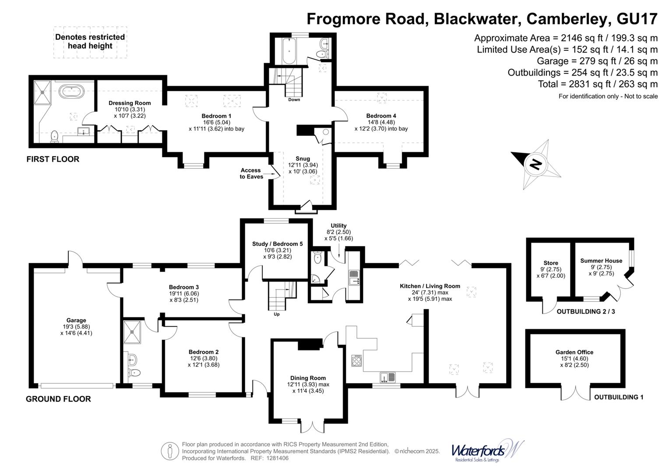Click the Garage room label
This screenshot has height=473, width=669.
coord(76,320)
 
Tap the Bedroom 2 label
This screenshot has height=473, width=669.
coord(204,352)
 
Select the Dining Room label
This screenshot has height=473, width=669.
coord(308,378)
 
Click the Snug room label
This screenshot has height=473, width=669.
coord(303,159)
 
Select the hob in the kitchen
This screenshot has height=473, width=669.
coord(357,361)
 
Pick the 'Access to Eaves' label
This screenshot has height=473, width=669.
coord(251,173)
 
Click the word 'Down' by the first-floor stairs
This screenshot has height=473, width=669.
coord(294,99)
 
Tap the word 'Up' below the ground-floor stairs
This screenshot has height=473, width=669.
coord(276,314)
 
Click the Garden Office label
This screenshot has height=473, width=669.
coord(574,352)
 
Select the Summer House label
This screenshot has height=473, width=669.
coord(601,261)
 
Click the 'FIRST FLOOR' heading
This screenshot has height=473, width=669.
coord(53,159)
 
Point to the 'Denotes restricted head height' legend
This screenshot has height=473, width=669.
coord(90,42)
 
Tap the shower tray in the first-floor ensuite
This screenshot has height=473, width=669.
coord(43,92)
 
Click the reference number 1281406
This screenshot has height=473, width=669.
coord(275,458)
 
